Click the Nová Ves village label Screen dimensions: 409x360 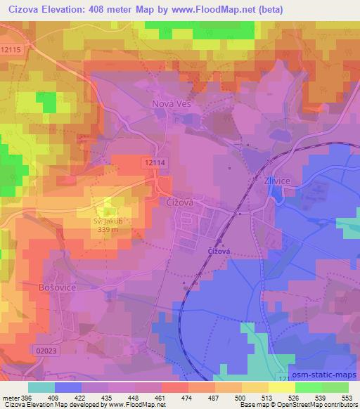[x=172, y=103]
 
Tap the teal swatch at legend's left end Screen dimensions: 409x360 [x=41, y=387]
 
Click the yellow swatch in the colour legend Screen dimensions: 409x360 [x=281, y=387]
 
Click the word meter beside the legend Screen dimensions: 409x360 [x=11, y=397]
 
